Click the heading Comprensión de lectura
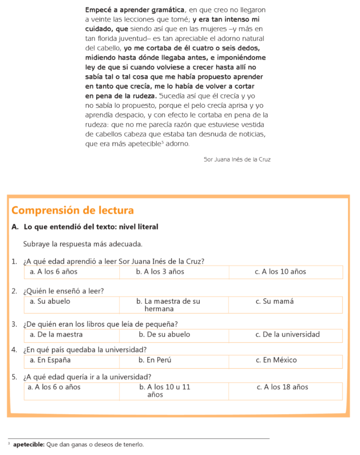point(72,210)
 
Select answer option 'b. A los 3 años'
point(160,271)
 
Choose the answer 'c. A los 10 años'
point(280,271)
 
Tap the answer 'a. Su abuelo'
point(50,301)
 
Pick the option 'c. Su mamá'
point(274,301)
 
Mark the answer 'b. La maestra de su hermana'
point(168,305)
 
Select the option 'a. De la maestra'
point(56,334)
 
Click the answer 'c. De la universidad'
point(287,334)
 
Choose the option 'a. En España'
point(50,360)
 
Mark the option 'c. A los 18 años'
point(282,387)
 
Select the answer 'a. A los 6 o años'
point(54,387)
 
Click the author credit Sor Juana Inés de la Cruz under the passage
point(237,159)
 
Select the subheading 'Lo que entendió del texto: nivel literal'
point(91,227)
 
